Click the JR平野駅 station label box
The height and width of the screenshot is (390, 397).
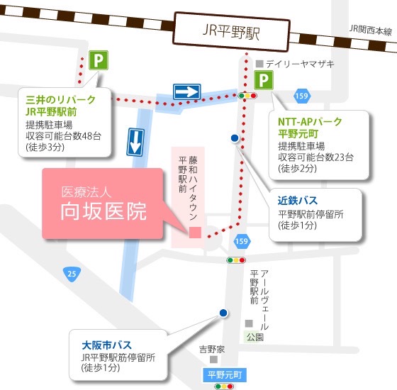coord(231,32)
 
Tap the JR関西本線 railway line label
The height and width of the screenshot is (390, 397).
coord(370,30)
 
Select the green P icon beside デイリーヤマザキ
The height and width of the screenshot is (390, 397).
coord(264,80)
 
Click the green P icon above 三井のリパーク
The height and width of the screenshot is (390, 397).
coord(99,60)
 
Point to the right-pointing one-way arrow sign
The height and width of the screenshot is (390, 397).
coord(187,91)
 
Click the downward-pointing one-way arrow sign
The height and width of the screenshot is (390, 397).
coord(135,143)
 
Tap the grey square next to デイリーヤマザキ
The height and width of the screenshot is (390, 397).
coord(259,64)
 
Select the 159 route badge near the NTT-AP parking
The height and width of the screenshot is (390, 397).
coord(302,96)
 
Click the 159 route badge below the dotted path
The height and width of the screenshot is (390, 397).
coord(242,240)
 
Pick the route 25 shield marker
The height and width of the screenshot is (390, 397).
coord(72,274)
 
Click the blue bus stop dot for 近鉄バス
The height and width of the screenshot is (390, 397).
coord(235,138)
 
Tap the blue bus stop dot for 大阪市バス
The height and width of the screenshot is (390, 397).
coord(223,313)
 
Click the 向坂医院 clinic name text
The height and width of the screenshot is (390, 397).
coord(104,211)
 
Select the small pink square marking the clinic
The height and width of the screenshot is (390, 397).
coord(195,233)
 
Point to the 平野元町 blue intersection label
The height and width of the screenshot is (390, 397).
coord(225,375)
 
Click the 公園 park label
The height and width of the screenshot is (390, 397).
coord(255,337)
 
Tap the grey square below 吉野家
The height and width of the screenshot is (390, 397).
coord(213,360)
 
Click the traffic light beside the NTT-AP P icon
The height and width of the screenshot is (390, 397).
coord(247,96)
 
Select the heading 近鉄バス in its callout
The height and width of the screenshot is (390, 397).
coord(298,201)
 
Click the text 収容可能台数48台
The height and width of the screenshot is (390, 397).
coord(64,136)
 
